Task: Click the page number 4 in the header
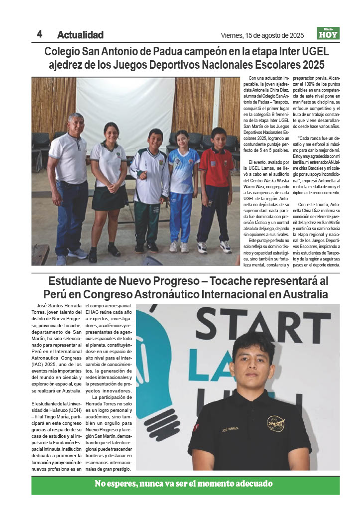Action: (x=39, y=34)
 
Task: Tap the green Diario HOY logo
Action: (x=328, y=33)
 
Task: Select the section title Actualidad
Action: (x=80, y=35)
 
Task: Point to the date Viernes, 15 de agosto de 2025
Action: (x=262, y=35)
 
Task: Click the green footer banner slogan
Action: (x=184, y=484)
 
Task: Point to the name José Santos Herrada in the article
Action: (x=56, y=309)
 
